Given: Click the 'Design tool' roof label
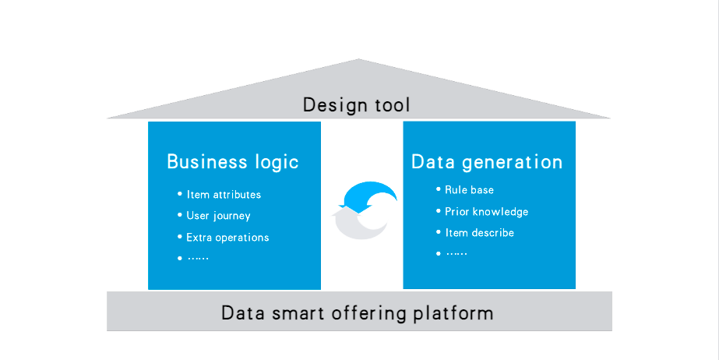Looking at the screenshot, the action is [x=356, y=105].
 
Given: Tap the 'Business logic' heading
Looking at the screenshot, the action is [x=233, y=162].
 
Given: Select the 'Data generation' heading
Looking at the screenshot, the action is [x=487, y=162].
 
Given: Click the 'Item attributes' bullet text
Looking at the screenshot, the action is [x=224, y=195].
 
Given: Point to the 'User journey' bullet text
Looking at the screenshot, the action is [x=218, y=216].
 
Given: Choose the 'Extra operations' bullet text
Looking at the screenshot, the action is [x=227, y=238].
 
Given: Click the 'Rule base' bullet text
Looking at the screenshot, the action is [x=469, y=190].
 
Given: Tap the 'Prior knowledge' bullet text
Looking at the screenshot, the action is [x=487, y=211].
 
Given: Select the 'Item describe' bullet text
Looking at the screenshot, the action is [x=480, y=233].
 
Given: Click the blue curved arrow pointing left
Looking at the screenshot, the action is [x=367, y=192].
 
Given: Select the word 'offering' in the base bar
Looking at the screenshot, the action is [x=368, y=314].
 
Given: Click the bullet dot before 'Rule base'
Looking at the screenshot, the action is [x=439, y=189].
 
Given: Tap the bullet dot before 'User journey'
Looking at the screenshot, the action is [x=180, y=214].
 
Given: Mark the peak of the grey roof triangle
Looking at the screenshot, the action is [x=358, y=59].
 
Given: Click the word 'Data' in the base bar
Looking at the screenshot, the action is [x=243, y=314].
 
